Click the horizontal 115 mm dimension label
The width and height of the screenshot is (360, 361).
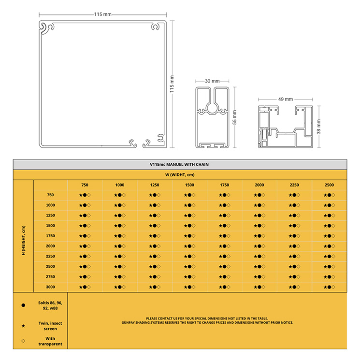click(x=102, y=14)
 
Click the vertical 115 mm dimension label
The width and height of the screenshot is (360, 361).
click(x=172, y=84)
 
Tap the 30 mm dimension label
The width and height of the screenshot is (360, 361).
click(x=212, y=81)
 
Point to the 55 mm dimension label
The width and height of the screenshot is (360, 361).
click(x=234, y=117)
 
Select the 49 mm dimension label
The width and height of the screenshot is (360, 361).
click(x=286, y=99)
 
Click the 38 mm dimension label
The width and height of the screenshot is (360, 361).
click(x=318, y=127)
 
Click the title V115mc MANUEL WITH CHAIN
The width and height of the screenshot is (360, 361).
click(x=179, y=165)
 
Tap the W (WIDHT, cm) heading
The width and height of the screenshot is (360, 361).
click(x=180, y=175)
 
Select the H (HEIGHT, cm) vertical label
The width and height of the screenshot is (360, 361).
click(x=23, y=240)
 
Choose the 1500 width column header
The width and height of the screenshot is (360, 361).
click(x=189, y=185)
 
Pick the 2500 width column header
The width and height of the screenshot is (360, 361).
click(x=329, y=185)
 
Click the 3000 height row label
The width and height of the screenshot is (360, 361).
click(x=50, y=287)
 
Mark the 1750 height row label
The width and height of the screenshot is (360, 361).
click(x=50, y=236)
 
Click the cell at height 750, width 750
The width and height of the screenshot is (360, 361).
click(x=85, y=195)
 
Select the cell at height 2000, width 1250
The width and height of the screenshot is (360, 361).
click(x=155, y=246)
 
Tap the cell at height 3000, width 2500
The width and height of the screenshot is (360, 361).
click(x=329, y=287)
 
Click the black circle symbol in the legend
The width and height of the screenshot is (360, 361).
click(x=23, y=305)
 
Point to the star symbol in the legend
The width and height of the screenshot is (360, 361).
click(x=23, y=326)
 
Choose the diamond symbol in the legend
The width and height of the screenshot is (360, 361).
click(x=23, y=341)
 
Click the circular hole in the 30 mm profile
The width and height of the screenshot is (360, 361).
click(x=212, y=108)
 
